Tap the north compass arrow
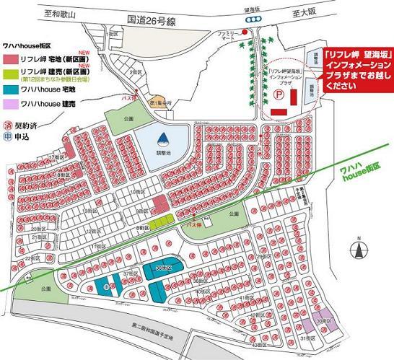point(357,249)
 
